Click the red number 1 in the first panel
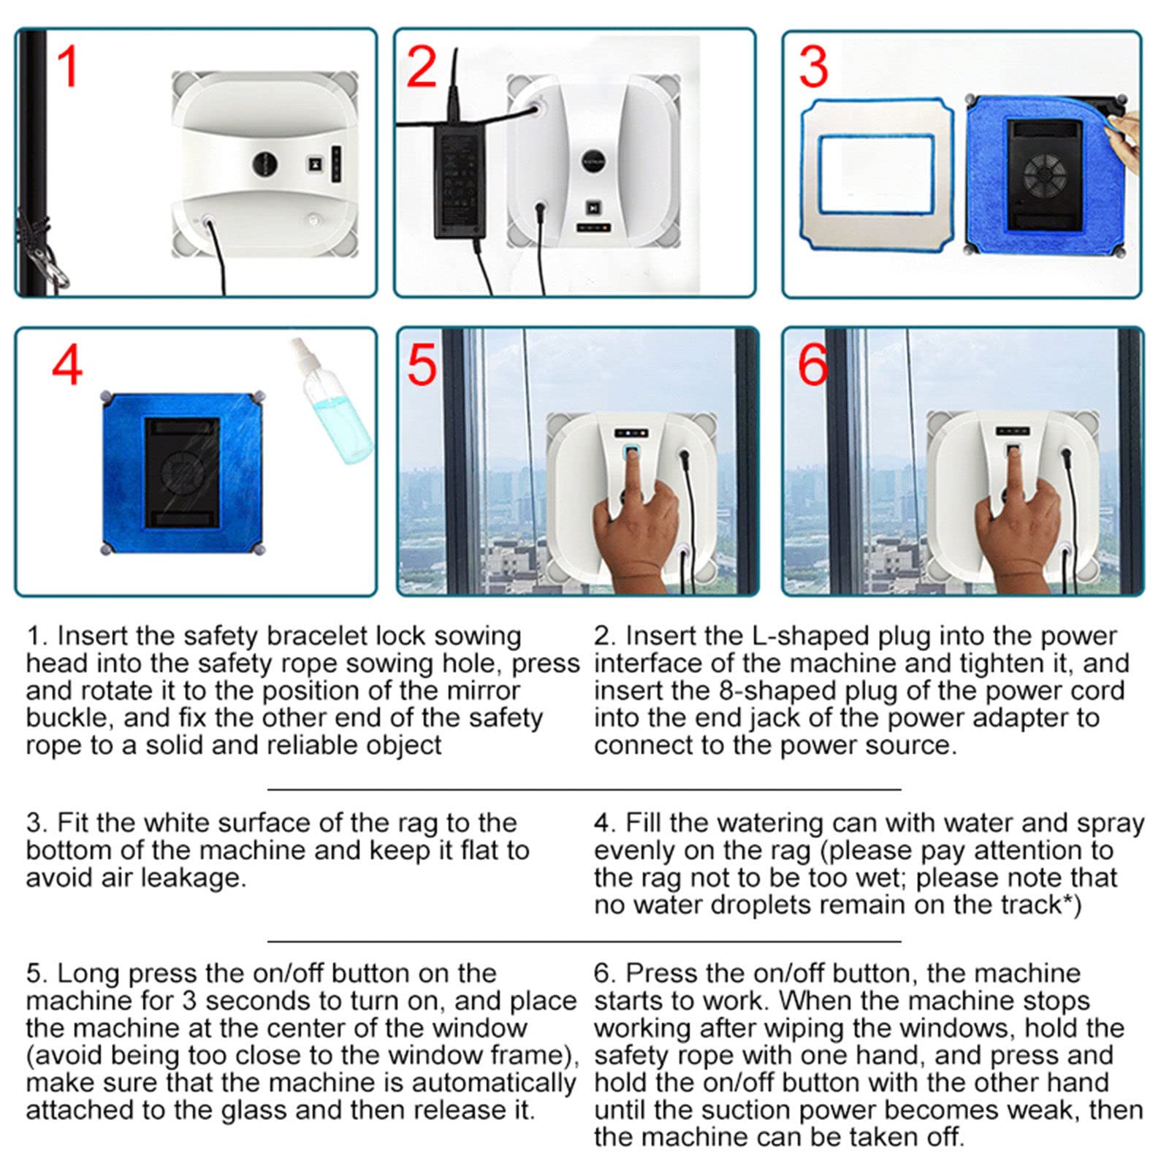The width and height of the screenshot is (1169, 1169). coord(68,66)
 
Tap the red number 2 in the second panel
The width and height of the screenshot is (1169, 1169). coord(422,66)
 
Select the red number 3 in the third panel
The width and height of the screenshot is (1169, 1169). coord(813,66)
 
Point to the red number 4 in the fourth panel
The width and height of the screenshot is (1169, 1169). coord(67,365)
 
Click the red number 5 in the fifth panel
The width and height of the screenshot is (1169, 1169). coord(422,365)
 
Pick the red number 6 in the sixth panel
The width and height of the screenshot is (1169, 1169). coord(812,365)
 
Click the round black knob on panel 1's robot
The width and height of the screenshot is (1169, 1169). coord(264,164)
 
